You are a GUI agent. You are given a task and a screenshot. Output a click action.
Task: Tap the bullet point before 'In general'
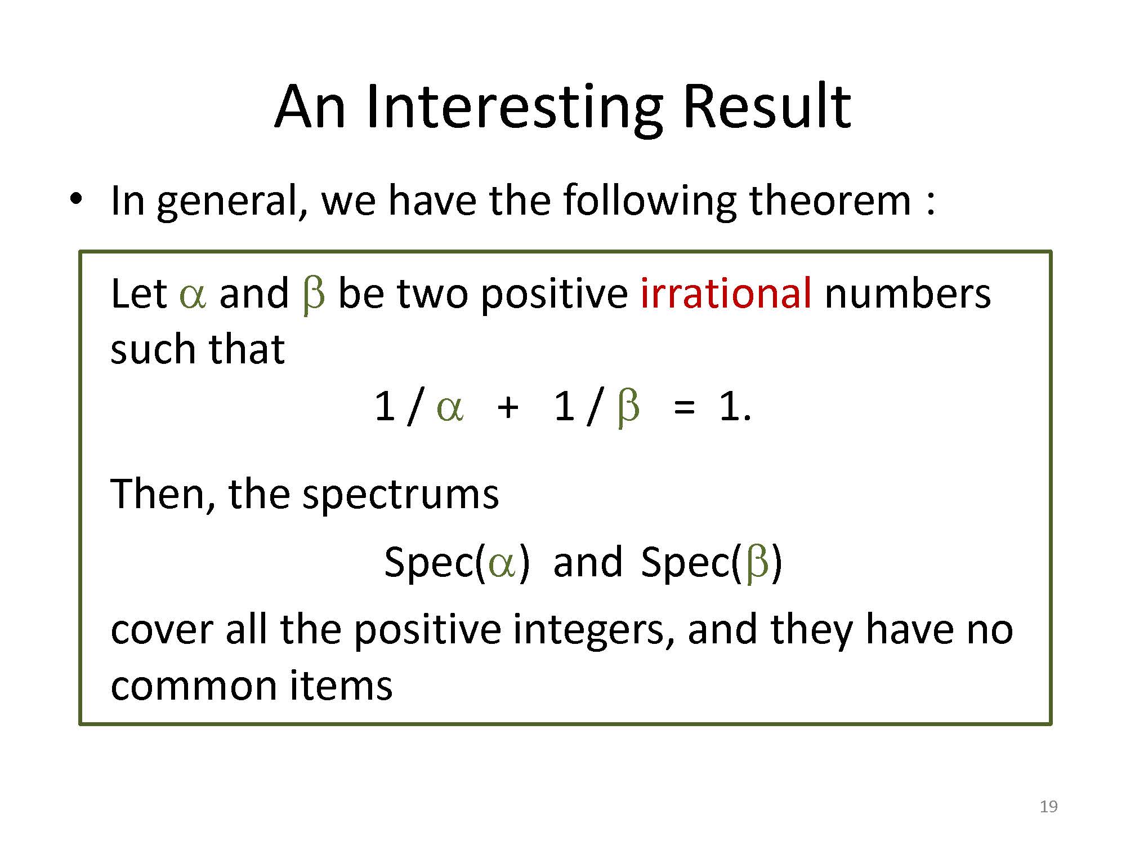pyautogui.click(x=77, y=200)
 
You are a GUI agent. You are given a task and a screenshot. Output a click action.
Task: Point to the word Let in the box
pyautogui.click(x=138, y=294)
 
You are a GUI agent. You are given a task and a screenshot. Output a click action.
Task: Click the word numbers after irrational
pyautogui.click(x=908, y=293)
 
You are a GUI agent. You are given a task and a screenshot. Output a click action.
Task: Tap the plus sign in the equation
pyautogui.click(x=508, y=407)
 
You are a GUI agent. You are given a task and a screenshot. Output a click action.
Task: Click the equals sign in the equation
pyautogui.click(x=683, y=407)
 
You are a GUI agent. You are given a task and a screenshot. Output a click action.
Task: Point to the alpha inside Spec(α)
pyautogui.click(x=503, y=564)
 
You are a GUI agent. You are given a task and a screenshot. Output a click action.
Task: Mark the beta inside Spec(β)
pyautogui.click(x=757, y=563)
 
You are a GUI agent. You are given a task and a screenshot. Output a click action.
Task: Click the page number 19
pyautogui.click(x=1048, y=807)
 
